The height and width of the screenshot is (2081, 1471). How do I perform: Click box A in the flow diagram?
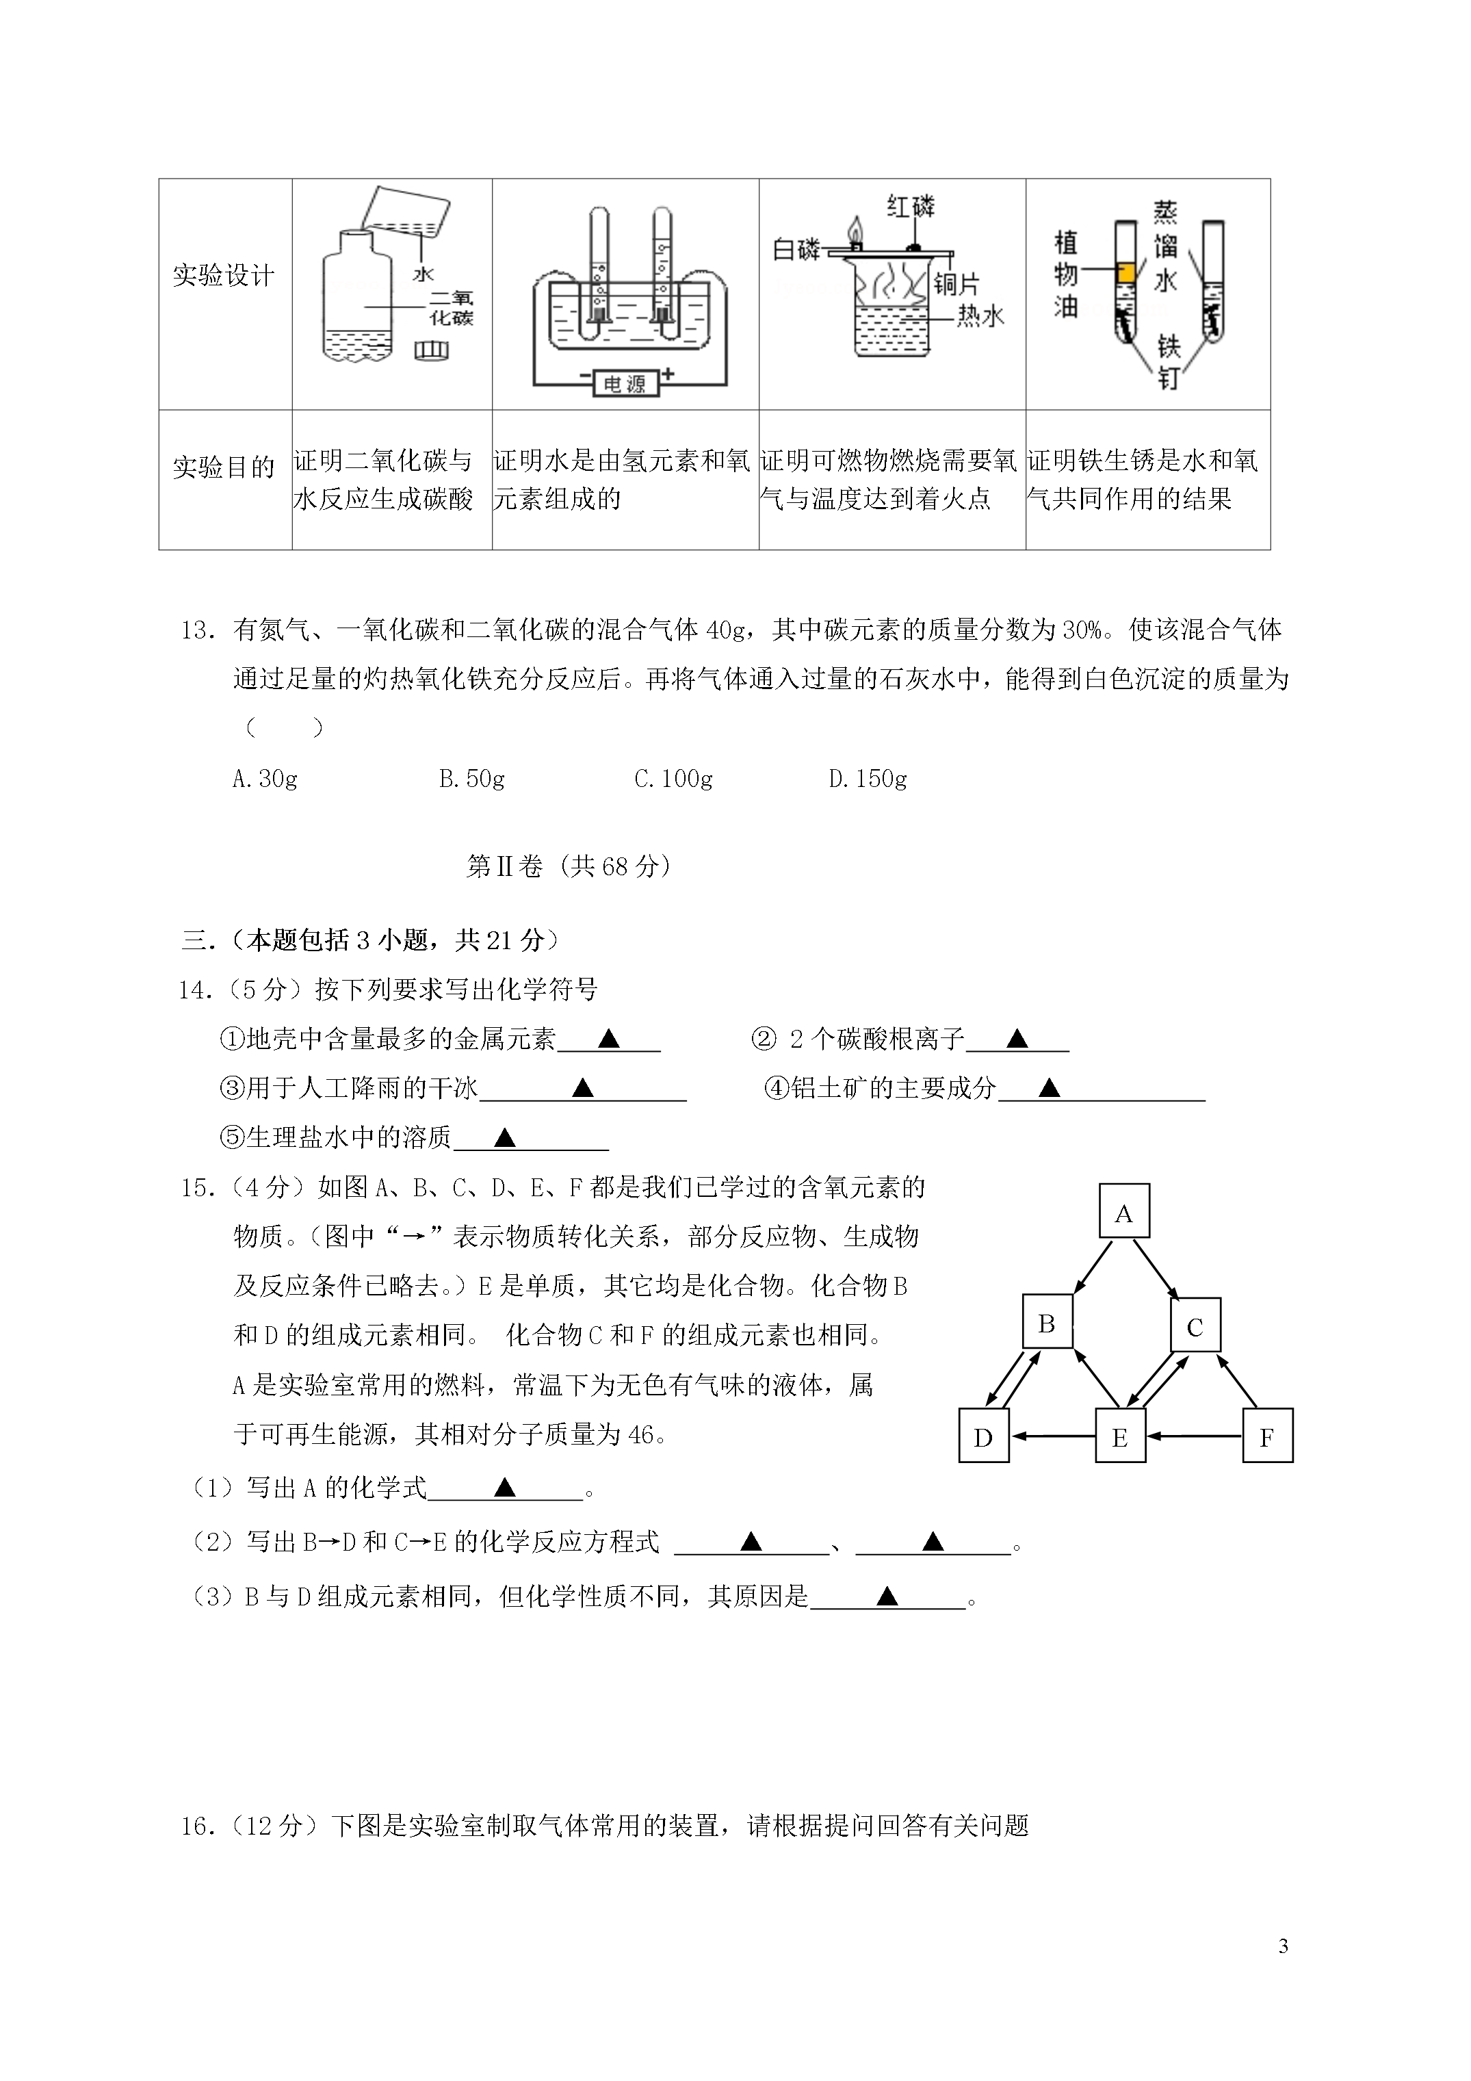pyautogui.click(x=1124, y=1211)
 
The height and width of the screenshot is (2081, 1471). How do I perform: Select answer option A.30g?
pyautogui.click(x=265, y=779)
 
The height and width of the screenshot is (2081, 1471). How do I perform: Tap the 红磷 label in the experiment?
pyautogui.click(x=910, y=207)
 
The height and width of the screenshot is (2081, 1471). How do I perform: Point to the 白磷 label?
pyautogui.click(x=796, y=248)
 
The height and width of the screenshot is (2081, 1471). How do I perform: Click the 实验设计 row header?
pyautogui.click(x=224, y=276)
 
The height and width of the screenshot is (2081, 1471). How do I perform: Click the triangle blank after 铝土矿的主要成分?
pyautogui.click(x=1049, y=1087)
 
